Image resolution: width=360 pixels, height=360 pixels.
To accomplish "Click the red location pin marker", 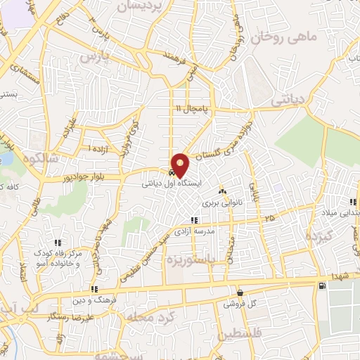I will [x=181, y=165].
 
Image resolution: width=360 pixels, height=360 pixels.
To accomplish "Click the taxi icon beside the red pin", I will [x=171, y=172].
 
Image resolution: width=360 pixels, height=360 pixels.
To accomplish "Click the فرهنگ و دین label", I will [x=94, y=300].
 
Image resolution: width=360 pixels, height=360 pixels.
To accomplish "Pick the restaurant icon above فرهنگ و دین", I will [x=94, y=288].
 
